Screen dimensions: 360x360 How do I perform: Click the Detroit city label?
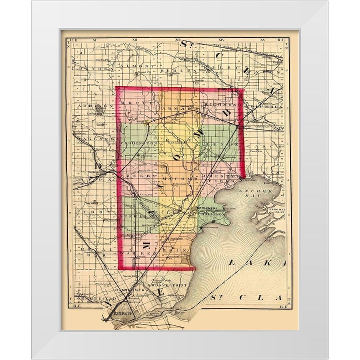point(121,314)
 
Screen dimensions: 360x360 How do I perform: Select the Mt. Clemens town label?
point(206,208)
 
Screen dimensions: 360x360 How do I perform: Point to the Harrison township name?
point(214,214)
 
